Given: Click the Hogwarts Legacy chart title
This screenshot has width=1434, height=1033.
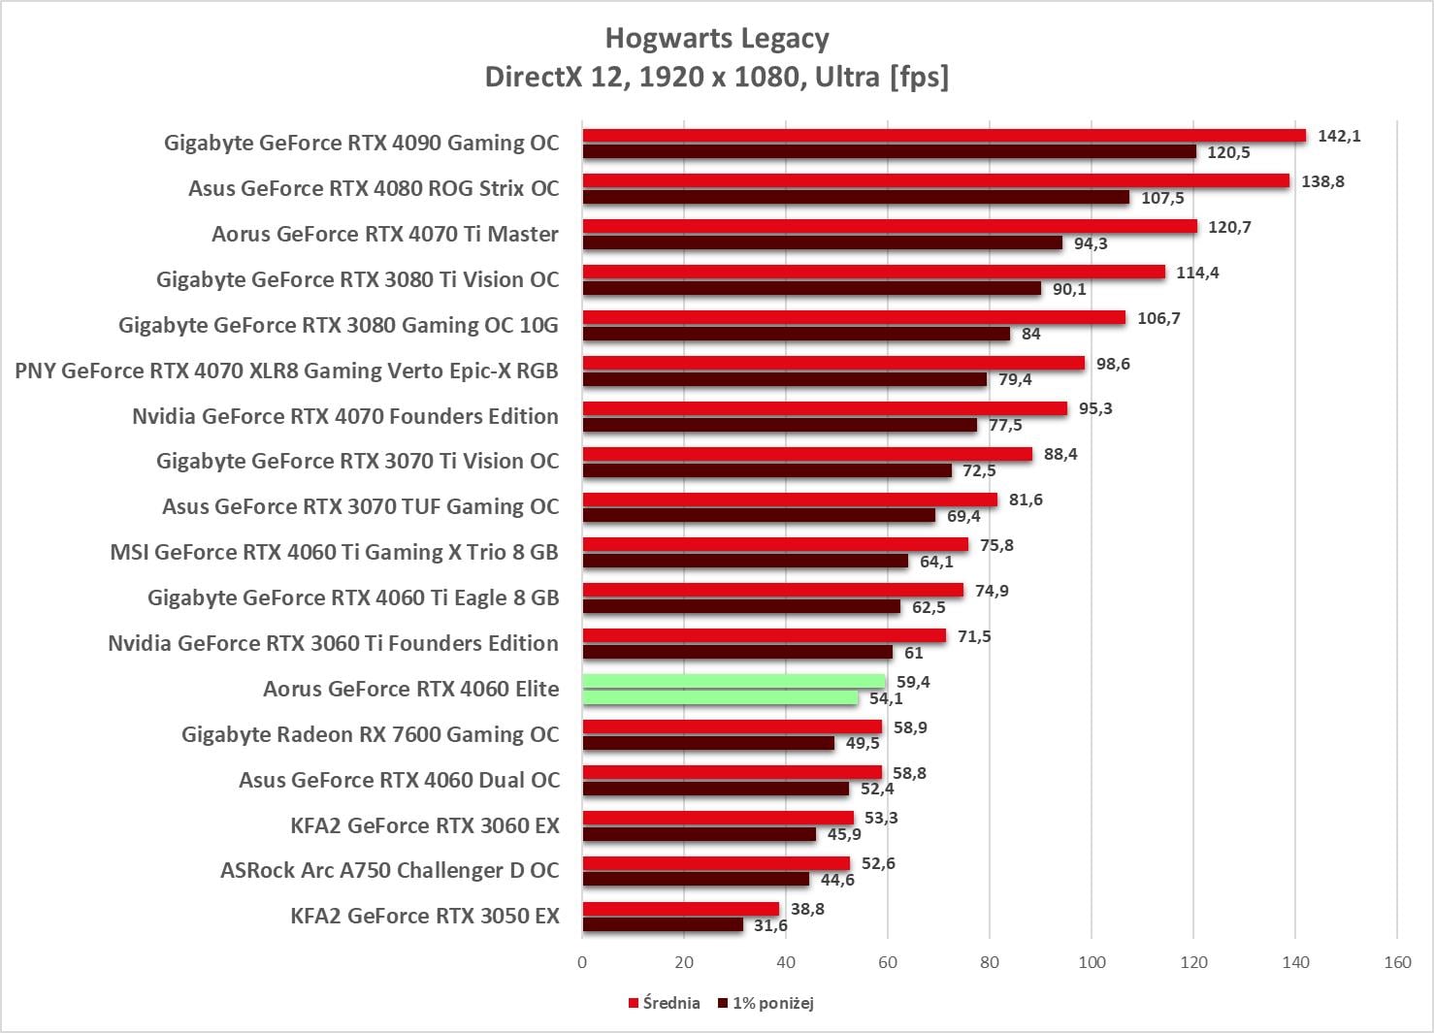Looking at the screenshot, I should coord(717,39).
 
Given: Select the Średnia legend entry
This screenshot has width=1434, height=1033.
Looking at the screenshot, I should coord(670,1003).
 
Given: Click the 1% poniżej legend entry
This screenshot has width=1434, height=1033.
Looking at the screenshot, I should coord(772,1003).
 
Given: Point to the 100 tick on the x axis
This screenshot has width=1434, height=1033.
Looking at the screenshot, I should coord(1092,962).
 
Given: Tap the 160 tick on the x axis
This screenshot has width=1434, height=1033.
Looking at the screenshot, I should coord(1397,962).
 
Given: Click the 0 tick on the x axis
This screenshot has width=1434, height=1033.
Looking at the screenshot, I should coord(582,962).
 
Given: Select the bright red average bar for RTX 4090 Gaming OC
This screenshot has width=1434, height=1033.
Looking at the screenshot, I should coord(944,136).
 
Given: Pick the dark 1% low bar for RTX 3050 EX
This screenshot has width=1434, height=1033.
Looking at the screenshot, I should coord(663,925).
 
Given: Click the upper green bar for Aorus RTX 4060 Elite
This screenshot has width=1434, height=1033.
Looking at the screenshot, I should coord(733,682).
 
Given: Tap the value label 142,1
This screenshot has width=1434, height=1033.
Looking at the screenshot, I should coord(1339,136).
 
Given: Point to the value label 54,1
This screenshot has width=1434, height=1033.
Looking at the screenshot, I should coord(886,698).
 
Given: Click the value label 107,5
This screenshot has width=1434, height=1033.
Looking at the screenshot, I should coord(1162,198).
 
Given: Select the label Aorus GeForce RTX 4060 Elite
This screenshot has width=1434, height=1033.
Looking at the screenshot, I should coord(411,689).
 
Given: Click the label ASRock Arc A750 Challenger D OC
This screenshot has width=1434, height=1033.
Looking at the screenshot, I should coord(390,870).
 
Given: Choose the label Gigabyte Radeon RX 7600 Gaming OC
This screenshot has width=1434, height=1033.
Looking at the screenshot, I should coord(371,734).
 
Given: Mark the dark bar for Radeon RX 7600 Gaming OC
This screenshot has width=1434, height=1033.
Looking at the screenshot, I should coord(708,743).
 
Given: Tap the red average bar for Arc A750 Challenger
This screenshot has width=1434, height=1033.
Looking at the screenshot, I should coord(716,863).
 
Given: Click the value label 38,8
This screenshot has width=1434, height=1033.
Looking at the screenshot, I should coord(807,909).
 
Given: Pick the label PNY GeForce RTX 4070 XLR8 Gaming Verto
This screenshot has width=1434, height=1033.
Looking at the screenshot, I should coord(286,371).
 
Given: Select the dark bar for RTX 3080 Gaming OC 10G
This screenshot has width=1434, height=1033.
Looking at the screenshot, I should coord(796,334).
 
